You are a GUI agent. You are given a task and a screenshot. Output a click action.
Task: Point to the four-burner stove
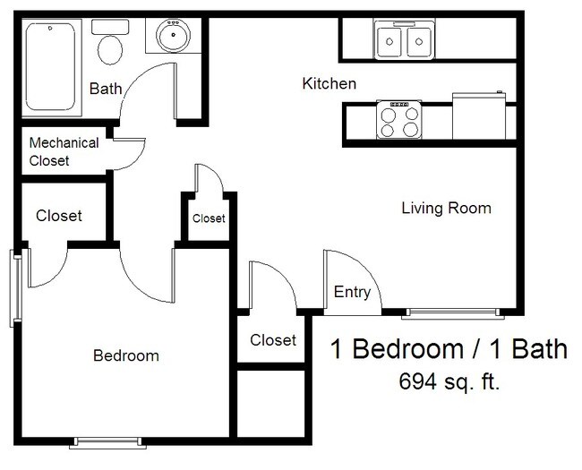pos(398,120)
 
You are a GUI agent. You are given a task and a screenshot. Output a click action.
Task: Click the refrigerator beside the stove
pos(482,116)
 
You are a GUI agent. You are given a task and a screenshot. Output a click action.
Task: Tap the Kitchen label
pos(329,84)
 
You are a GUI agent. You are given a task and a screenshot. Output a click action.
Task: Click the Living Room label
pos(446,209)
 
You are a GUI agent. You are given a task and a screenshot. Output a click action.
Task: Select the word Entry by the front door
pos(352,292)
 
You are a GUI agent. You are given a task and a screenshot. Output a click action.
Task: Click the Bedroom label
pos(126,355)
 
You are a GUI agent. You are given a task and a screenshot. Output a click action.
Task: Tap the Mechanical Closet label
pos(64,151)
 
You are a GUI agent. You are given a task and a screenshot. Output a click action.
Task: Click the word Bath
pos(105,88)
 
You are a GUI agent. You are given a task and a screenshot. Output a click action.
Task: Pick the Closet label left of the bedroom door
pos(59,216)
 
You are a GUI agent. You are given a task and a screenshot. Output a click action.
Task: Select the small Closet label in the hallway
pos(209,218)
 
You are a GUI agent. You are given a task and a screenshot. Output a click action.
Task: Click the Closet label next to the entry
pos(273,340)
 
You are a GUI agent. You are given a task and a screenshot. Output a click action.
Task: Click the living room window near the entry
pos(450,312)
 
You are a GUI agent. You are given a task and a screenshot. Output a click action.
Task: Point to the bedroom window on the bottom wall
pos(107,440)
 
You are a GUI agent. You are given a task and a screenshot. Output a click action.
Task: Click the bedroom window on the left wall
pos(16,286)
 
